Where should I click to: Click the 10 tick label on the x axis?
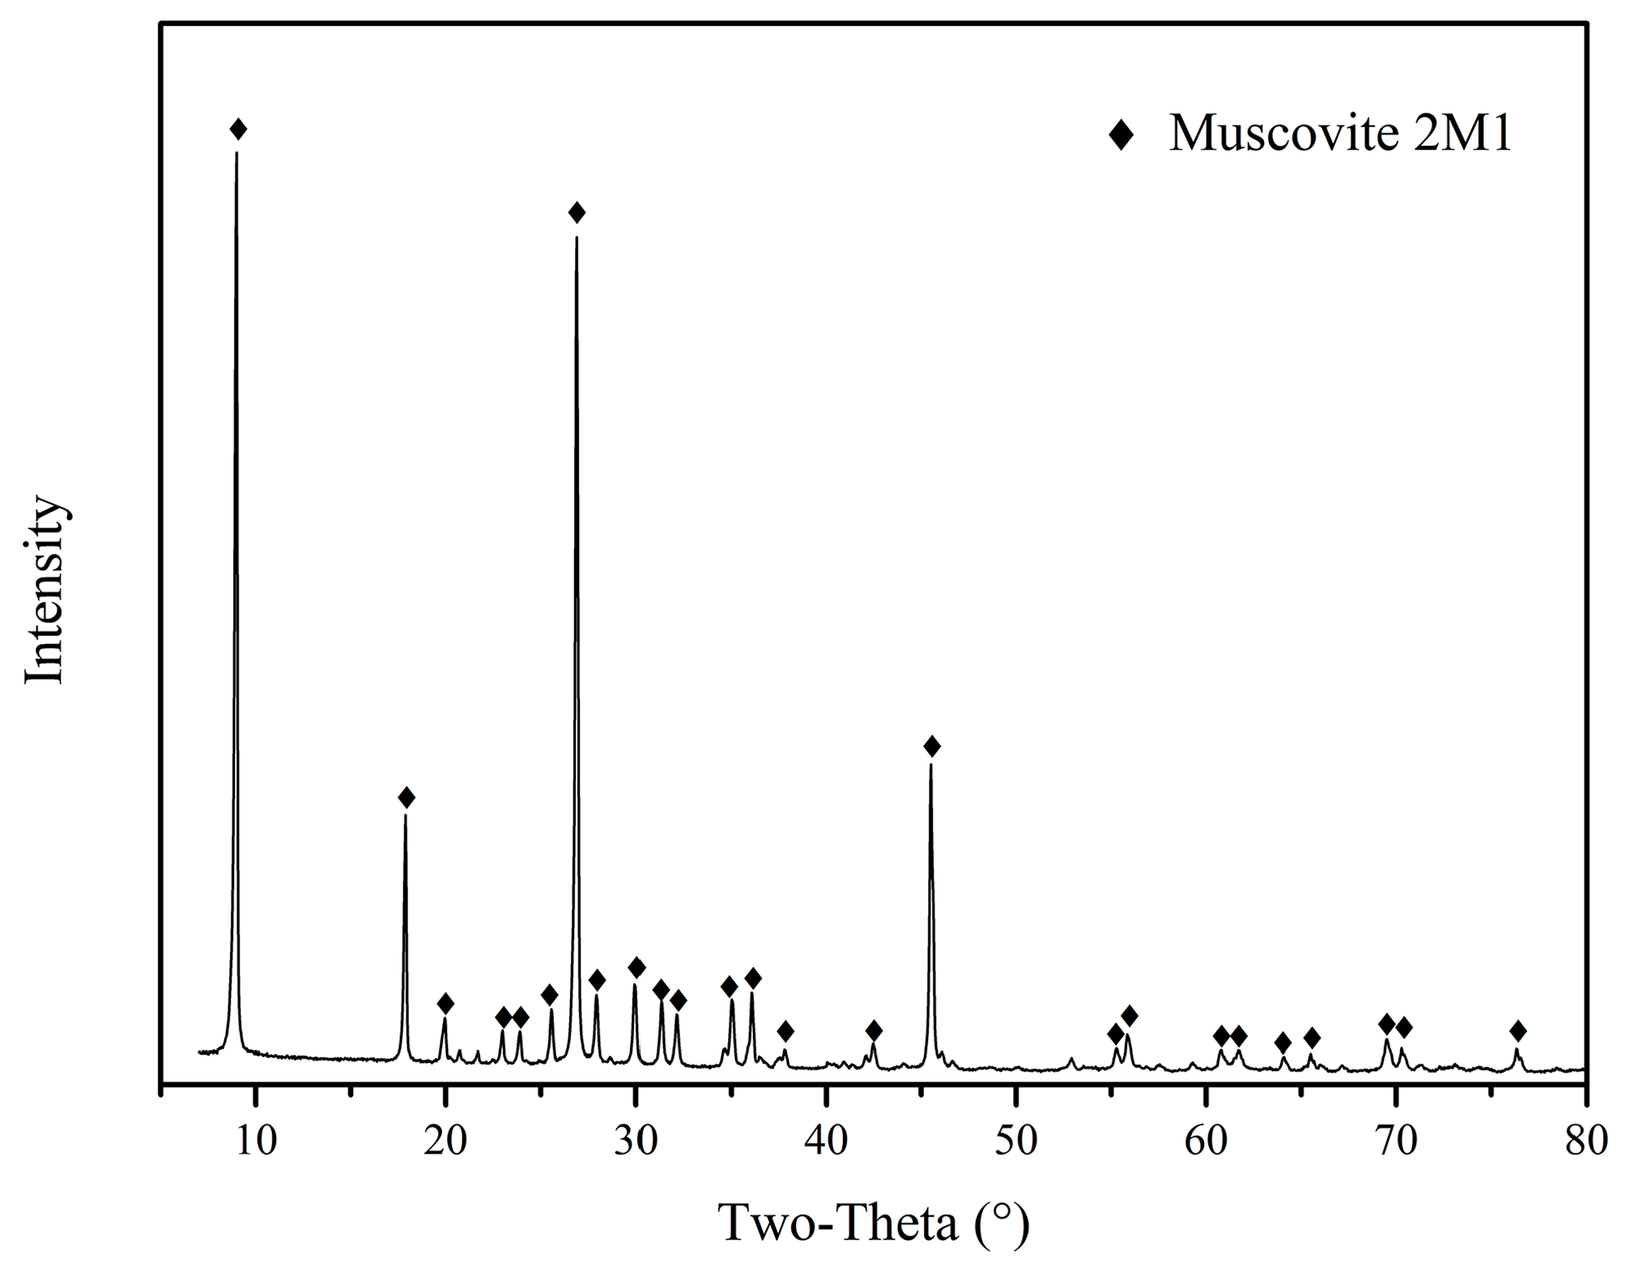256,1141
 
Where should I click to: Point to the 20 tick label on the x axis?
445,1141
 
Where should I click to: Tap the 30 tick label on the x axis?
636,1141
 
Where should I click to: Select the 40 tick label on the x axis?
826,1141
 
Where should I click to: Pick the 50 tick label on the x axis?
1015,1141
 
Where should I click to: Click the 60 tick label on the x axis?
1206,1141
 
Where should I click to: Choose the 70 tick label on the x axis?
1395,1141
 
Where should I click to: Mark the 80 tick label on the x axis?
1585,1141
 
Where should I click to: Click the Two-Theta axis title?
874,1223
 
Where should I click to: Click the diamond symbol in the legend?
1122,134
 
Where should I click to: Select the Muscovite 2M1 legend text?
1340,132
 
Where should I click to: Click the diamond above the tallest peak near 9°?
238,129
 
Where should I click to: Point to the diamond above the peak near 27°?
577,213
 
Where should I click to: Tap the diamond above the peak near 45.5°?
932,746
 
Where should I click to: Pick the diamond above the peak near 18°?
406,798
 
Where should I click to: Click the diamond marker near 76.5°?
1518,1031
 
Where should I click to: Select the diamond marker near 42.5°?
874,1031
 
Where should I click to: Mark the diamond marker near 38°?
785,1031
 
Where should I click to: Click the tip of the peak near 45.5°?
931,765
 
